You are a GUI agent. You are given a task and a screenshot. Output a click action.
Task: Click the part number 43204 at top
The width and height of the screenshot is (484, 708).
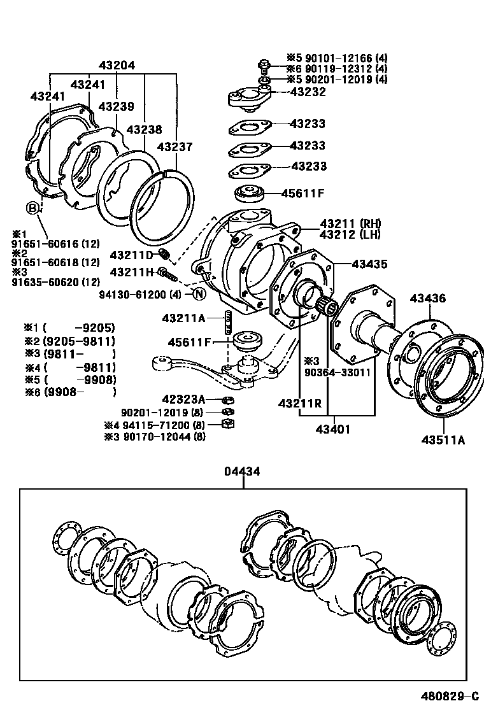[117, 66]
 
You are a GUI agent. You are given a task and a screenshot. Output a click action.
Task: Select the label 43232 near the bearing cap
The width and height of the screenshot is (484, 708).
[308, 92]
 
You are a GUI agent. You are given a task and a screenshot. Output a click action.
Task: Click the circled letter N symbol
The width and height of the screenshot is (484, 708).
[199, 294]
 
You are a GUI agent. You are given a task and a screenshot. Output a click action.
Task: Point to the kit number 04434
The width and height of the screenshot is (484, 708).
[242, 472]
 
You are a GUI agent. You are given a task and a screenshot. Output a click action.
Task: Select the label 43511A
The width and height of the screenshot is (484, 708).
[442, 439]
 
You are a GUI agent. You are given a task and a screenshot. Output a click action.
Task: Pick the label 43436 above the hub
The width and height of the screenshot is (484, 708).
[427, 298]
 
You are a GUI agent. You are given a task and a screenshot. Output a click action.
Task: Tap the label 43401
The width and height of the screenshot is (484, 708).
[332, 429]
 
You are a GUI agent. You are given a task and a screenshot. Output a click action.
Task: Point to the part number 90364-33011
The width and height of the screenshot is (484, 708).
[337, 372]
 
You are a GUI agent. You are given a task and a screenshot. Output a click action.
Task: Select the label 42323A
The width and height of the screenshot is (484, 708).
[183, 399]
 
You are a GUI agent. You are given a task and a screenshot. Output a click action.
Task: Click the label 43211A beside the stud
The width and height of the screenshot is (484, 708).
[183, 318]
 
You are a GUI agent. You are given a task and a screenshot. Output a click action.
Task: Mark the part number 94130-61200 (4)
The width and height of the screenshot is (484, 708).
[140, 294]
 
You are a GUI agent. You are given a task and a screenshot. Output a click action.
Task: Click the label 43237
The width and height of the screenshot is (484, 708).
[174, 146]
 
